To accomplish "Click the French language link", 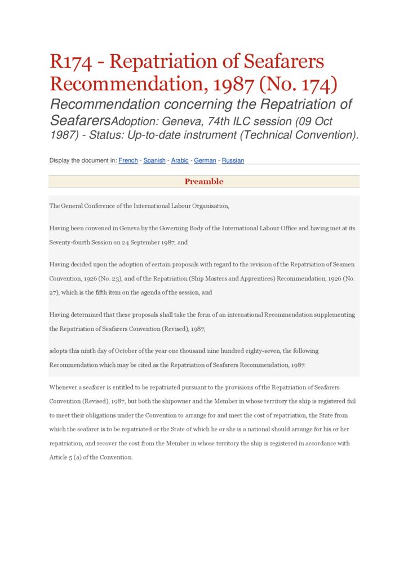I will tap(128, 160).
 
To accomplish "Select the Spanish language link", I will tap(154, 160).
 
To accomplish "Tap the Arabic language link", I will tap(180, 160).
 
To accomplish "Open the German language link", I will tap(205, 160).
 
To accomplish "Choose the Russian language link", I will tap(233, 160).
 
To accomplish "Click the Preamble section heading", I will tap(204, 182).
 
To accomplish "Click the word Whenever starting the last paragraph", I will tap(65, 387).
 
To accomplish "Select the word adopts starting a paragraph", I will tap(59, 351).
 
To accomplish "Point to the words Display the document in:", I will tap(83, 160).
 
